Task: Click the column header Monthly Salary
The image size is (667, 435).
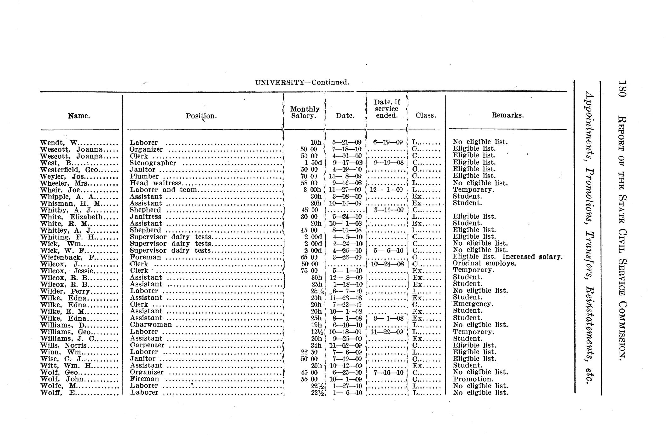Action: point(304,113)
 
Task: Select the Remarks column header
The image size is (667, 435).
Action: point(507,115)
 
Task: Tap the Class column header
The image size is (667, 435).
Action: point(426,115)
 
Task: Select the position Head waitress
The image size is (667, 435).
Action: point(155,183)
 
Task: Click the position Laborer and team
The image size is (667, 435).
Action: point(163,190)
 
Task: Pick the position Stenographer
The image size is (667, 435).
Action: point(153,163)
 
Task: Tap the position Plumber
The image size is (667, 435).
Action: point(144,177)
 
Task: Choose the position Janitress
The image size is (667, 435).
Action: point(145,217)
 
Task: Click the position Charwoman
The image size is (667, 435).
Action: point(151,325)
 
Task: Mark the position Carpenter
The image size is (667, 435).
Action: point(147,345)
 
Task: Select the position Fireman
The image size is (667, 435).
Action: point(144,379)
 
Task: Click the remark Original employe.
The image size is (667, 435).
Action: point(484,263)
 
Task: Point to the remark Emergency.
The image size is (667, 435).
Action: point(473,304)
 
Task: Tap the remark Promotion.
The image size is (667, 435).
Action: point(473,379)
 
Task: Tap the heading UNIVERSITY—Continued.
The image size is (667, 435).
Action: point(302,83)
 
